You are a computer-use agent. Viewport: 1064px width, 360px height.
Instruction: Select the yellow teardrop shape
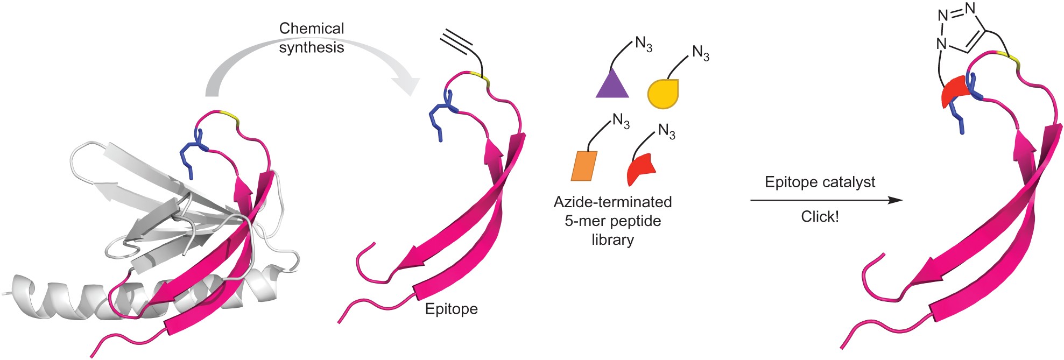coord(663,94)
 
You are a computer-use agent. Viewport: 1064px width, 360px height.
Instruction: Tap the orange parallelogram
coord(584,166)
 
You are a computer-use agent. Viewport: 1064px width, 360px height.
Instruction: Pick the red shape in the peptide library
coord(641,171)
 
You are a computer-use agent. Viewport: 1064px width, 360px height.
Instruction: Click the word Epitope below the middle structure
coord(451,309)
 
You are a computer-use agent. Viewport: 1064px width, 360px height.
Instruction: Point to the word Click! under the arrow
coord(820,217)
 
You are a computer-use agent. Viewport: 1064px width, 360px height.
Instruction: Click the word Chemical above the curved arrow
coord(312,29)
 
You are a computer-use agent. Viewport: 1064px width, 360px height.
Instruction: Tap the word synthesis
coord(312,47)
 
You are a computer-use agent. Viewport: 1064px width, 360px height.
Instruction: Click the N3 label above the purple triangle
coord(644,44)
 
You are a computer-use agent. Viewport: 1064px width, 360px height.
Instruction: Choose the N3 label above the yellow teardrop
coord(700,53)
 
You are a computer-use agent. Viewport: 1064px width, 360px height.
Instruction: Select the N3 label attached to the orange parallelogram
coord(621,122)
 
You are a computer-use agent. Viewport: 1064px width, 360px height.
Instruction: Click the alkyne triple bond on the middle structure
coord(457,43)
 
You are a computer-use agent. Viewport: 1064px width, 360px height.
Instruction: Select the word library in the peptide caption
coord(612,239)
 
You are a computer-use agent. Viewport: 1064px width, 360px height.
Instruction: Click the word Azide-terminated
coord(612,202)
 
